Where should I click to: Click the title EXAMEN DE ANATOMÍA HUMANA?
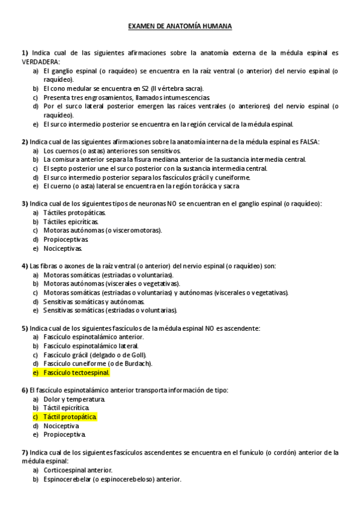[180, 27]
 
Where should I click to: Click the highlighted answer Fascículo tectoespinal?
[76, 372]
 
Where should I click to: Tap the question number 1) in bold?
[25, 53]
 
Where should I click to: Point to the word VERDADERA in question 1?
[40, 61]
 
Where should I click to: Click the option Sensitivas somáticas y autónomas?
[94, 301]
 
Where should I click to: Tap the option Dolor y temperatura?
[75, 399]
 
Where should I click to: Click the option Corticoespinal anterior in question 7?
[78, 470]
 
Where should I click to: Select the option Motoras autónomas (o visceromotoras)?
[102, 230]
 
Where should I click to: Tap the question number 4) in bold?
[25, 266]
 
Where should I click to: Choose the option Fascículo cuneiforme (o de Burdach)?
[98, 363]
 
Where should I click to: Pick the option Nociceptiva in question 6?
[62, 425]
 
